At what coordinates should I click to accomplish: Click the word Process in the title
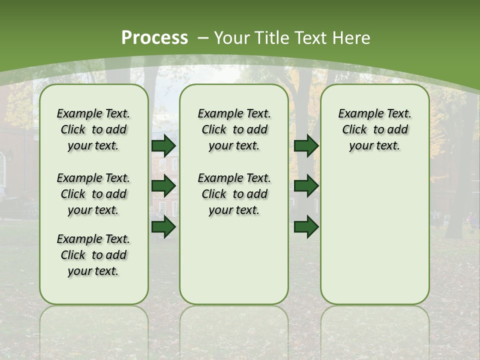point(154,37)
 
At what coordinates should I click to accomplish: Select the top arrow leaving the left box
point(163,145)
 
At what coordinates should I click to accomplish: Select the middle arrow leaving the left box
point(163,186)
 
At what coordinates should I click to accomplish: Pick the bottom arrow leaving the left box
point(163,227)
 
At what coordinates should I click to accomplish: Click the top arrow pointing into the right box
point(306,145)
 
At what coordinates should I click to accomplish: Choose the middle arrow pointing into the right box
point(306,186)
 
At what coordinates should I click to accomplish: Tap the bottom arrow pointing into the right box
point(306,227)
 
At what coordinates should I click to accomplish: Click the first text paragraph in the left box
point(93,129)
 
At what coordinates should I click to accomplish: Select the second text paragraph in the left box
point(93,194)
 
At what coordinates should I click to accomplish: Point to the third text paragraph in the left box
point(93,255)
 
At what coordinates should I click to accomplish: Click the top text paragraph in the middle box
point(234,129)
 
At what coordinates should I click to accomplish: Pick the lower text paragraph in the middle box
point(234,194)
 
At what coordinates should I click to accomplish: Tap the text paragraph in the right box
point(374,129)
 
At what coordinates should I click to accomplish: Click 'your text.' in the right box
point(374,145)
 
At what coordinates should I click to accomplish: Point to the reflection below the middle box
point(234,330)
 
